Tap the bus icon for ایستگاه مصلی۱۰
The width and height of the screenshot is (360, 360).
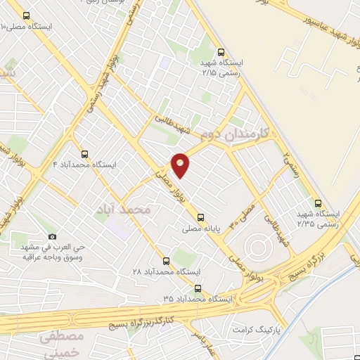point(27,15)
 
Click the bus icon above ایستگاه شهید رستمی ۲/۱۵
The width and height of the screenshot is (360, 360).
point(221,51)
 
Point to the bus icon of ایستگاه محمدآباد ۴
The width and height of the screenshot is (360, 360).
point(85,153)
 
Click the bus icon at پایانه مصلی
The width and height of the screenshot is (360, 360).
point(201,217)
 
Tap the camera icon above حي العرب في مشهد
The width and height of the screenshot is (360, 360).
point(51,237)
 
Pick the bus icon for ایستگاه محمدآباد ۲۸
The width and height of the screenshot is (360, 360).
point(166,260)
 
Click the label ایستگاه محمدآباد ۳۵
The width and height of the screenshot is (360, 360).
point(197,299)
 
